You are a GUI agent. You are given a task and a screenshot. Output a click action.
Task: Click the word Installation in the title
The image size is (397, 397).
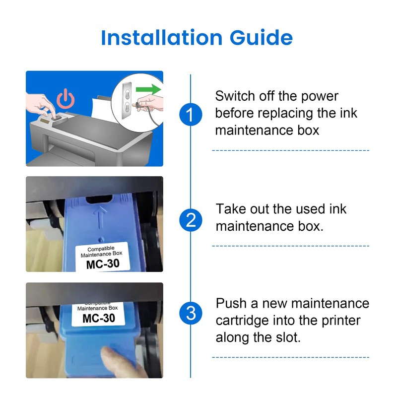point(162,38)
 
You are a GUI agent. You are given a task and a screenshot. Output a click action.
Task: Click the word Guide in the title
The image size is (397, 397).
point(262,38)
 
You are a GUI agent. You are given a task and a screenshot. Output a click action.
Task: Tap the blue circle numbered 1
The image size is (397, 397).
point(191,115)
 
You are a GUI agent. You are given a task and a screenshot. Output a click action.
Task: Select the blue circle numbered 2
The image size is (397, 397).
point(191,220)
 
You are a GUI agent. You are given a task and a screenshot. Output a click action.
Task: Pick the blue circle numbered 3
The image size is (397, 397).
point(191,313)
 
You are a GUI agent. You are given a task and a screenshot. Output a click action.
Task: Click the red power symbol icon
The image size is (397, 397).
point(66,98)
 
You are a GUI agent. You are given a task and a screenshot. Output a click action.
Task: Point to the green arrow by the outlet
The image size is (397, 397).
point(148,89)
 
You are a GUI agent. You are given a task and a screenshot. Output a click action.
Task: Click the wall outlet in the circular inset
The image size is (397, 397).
point(127,101)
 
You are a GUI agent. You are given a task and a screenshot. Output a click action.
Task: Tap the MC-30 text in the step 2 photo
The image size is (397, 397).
point(103,264)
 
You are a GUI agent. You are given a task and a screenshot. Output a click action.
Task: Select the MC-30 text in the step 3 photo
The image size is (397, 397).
point(99,318)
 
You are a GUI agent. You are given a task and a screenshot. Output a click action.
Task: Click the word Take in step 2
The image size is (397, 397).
point(231,209)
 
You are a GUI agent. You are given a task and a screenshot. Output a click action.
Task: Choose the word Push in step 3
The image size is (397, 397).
point(231,303)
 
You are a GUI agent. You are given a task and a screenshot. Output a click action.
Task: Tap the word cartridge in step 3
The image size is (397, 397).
point(242,321)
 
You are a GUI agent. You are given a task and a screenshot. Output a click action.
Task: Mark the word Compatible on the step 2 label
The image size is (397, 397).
point(101,249)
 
